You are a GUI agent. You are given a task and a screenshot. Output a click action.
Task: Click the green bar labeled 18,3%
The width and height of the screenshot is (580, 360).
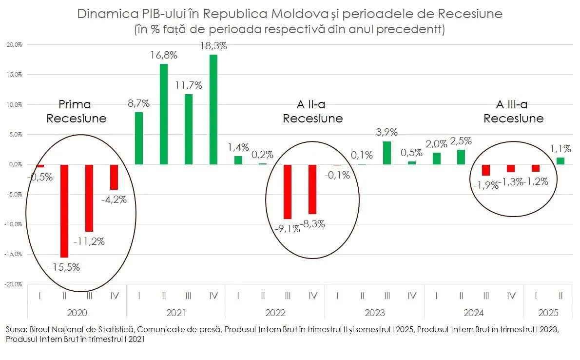tap(213, 110)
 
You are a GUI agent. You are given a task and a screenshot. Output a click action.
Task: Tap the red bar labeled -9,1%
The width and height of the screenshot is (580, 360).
tap(288, 192)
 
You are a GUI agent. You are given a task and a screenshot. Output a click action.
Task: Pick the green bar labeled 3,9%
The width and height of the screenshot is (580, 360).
tap(387, 153)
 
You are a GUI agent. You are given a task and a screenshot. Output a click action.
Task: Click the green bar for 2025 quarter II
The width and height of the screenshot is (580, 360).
tap(560, 161)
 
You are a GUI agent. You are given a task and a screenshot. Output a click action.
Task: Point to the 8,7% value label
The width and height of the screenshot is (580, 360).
tap(138, 103)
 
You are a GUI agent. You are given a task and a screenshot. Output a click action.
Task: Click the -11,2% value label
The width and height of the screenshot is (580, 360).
tap(89, 241)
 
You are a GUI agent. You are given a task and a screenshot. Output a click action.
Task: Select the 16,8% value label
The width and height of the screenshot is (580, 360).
tap(164, 55)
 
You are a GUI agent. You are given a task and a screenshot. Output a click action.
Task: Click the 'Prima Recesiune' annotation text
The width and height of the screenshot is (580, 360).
tap(76, 111)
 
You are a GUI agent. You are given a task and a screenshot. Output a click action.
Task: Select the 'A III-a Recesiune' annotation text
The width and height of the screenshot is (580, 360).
tap(513, 111)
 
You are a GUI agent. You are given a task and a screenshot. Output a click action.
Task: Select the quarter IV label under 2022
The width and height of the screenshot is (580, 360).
tap(312, 295)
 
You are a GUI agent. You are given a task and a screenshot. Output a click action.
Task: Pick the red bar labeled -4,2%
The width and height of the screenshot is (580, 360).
tap(114, 177)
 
